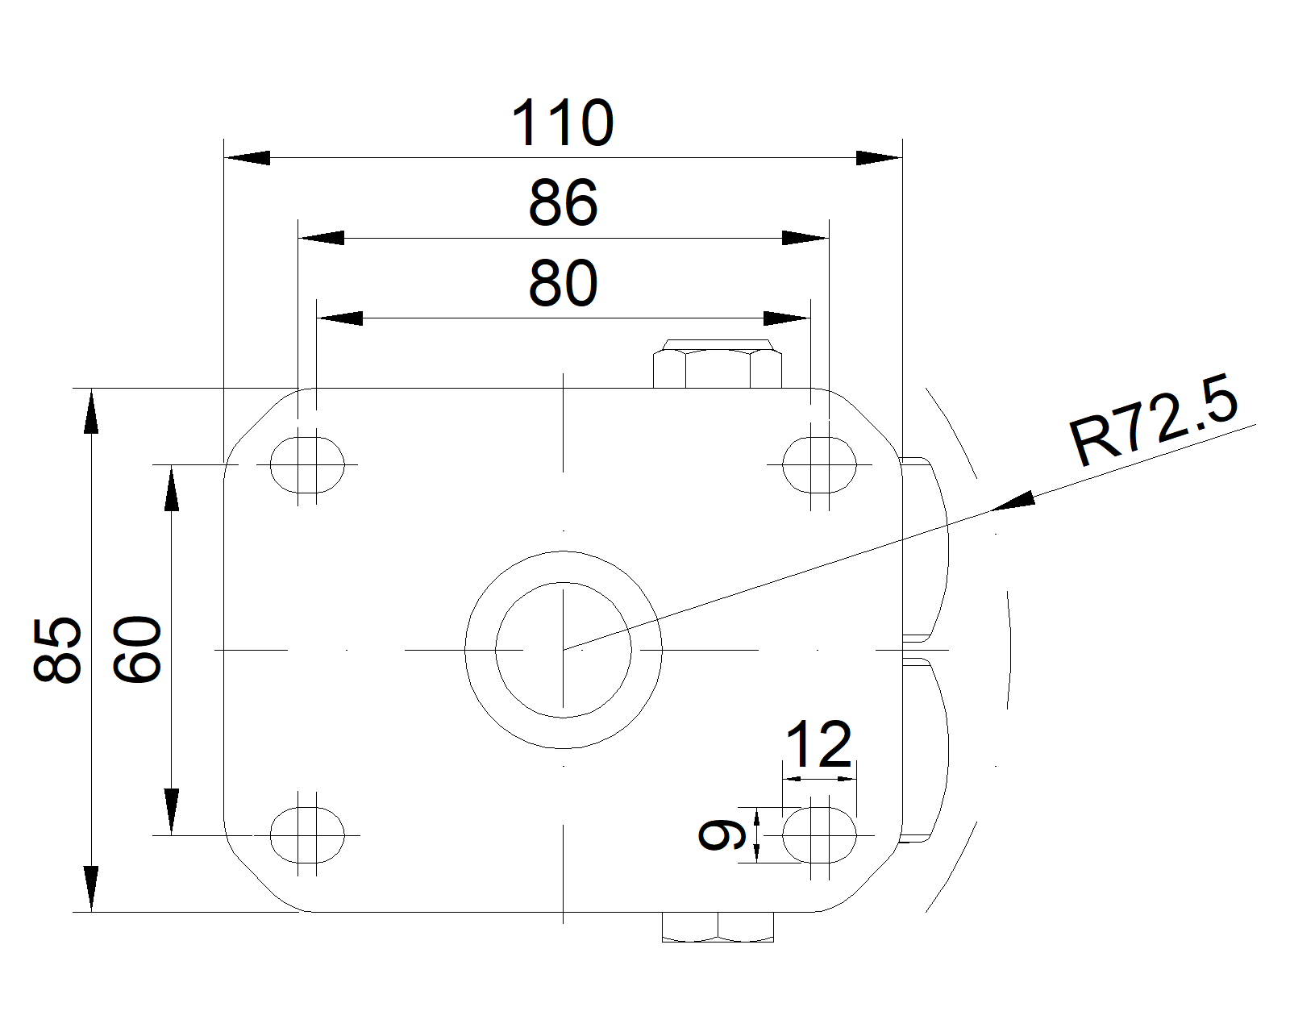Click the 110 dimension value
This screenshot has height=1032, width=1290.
(563, 123)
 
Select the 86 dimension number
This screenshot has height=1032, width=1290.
(563, 203)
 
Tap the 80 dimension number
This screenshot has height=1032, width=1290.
(563, 284)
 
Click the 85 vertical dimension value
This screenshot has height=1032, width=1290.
(58, 650)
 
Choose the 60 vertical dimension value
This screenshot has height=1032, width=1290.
(137, 650)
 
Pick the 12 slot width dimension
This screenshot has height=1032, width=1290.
(818, 745)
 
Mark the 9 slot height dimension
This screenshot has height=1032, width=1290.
(713, 834)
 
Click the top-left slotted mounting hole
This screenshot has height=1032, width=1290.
(307, 464)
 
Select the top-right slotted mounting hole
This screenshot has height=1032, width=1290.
(819, 464)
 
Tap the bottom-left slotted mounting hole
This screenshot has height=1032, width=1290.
(307, 834)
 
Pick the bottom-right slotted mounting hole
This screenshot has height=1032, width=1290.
(819, 834)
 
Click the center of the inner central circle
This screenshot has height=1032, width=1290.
(564, 649)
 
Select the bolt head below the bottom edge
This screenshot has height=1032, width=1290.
(718, 927)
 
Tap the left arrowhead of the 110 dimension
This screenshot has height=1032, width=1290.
(246, 158)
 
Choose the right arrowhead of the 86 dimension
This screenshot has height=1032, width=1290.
(805, 238)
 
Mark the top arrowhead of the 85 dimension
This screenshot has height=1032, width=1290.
(91, 411)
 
